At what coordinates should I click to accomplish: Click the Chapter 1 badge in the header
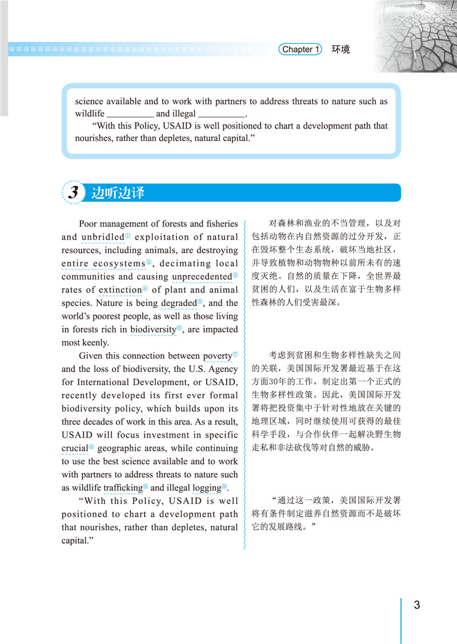(x=301, y=50)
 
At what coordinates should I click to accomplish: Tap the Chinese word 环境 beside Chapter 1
(x=340, y=50)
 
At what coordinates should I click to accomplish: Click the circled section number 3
(x=73, y=193)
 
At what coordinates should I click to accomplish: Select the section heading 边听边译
(x=118, y=193)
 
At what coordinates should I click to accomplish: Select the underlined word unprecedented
(x=201, y=277)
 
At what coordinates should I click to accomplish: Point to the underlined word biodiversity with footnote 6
(x=153, y=330)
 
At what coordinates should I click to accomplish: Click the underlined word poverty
(x=217, y=356)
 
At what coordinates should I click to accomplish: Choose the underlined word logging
(x=206, y=488)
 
